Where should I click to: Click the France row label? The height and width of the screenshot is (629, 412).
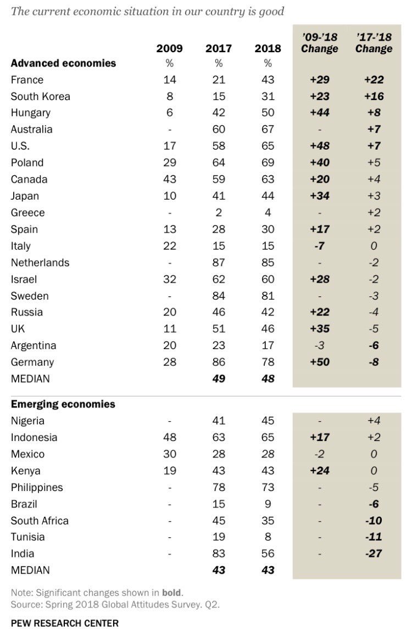27,80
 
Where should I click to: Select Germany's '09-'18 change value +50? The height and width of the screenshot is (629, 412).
319,362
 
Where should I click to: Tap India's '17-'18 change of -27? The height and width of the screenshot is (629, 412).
374,554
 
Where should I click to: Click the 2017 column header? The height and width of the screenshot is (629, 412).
219,48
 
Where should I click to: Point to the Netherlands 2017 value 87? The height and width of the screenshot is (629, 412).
219,262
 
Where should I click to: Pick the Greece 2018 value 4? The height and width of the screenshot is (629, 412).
268,213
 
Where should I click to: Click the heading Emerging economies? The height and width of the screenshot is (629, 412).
63,404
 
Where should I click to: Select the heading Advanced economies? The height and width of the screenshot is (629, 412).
64,63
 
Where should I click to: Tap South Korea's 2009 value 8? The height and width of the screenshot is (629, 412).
170,96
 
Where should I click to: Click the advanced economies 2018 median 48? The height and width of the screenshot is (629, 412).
268,379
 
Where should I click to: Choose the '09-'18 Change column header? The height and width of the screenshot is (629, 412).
319,43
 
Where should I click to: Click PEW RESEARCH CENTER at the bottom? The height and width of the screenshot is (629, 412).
65,622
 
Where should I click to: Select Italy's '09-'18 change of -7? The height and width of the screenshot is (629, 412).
319,246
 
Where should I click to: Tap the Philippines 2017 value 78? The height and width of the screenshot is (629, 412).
219,487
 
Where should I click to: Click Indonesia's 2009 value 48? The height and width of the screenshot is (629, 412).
170,438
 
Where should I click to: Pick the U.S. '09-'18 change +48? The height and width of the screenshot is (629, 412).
319,146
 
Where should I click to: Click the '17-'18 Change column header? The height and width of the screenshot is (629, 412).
374,43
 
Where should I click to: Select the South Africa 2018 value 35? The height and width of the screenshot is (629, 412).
268,521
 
